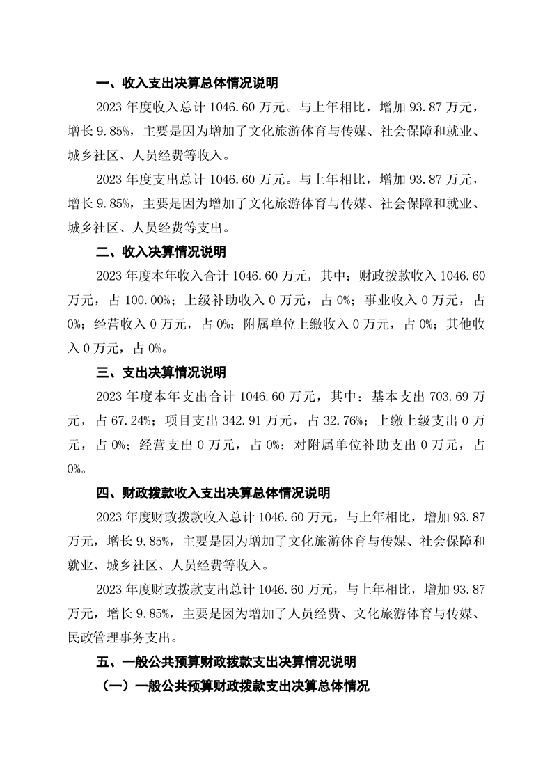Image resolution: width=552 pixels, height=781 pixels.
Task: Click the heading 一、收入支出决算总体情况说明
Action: point(187,84)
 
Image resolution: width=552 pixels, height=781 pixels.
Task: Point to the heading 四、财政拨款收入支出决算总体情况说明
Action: point(212,493)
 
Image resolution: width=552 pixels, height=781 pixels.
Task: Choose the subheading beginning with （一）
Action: point(235,686)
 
